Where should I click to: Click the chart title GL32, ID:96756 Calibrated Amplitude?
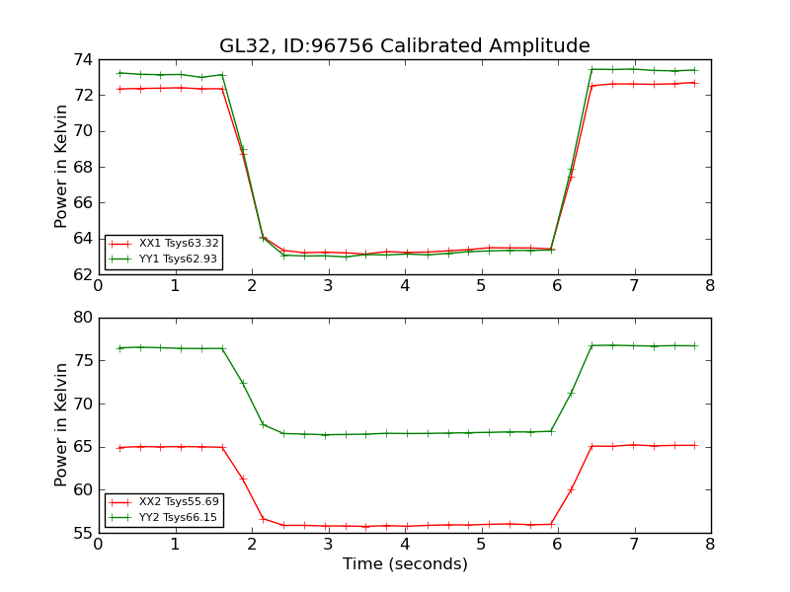coord(404,46)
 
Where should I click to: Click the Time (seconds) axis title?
coord(405,564)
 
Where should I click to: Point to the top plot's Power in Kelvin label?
coord(62,166)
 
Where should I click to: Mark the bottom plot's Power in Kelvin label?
coord(62,424)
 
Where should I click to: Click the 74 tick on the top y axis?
coord(82,59)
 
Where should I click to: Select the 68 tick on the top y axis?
coord(82,167)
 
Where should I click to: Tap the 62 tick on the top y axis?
coord(82,274)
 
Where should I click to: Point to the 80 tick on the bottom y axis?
coord(82,318)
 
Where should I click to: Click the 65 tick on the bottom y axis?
coord(82,447)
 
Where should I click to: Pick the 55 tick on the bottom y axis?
coord(82,534)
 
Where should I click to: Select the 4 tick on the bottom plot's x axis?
coord(405,545)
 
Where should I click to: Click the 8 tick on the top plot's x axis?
coord(710,286)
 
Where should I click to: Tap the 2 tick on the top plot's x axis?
coord(252,286)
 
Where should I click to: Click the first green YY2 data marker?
coord(119,348)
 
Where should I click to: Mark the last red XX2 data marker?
coord(695,445)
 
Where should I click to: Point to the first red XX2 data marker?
coord(119,448)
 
